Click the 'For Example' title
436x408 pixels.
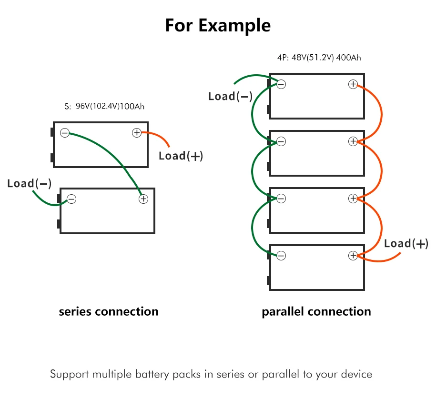click(x=218, y=26)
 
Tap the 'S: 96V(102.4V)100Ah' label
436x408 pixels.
click(x=104, y=106)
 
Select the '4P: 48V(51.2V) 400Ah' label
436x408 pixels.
click(x=319, y=58)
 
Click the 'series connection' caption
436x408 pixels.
click(x=109, y=312)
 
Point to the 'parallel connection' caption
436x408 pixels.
click(x=316, y=312)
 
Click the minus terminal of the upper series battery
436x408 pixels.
click(x=65, y=133)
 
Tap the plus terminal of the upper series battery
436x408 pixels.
click(x=137, y=133)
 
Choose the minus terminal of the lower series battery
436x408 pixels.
click(x=71, y=199)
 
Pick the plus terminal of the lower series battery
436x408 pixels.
click(x=143, y=199)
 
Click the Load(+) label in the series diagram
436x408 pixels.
click(x=181, y=156)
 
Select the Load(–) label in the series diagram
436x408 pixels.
click(x=29, y=184)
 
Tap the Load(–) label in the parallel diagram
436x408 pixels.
click(x=231, y=96)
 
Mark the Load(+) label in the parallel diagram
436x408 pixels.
click(x=406, y=244)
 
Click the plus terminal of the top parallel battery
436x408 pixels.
click(x=353, y=84)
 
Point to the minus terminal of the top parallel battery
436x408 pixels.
click(x=281, y=84)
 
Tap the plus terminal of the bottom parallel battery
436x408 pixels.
click(x=353, y=256)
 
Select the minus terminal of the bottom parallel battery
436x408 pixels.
click(x=281, y=256)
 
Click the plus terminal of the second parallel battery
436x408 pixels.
click(x=353, y=141)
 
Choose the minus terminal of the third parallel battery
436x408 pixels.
click(x=281, y=199)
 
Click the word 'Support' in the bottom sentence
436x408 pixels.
click(x=69, y=375)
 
